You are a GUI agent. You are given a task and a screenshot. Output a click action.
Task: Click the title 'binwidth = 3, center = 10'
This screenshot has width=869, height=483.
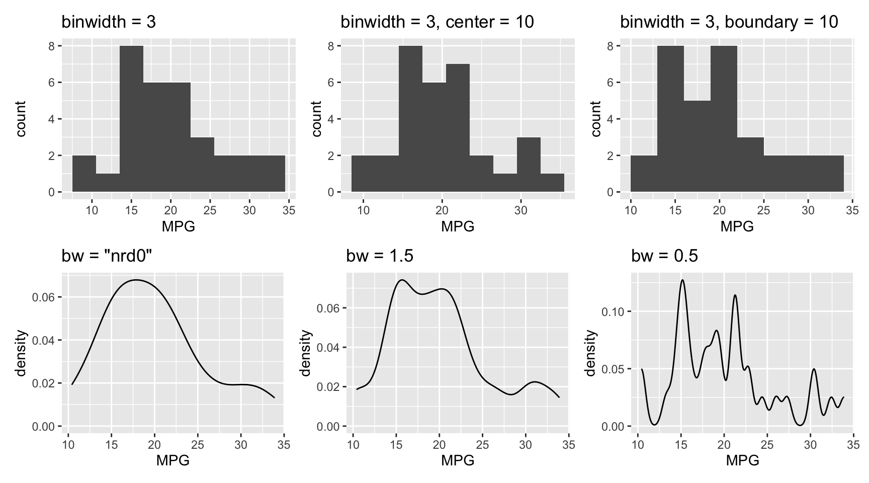437,22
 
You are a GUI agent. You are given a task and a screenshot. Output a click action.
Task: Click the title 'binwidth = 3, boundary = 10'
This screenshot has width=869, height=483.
729,22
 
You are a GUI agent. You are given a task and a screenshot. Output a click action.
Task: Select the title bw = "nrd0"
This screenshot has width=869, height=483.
107,256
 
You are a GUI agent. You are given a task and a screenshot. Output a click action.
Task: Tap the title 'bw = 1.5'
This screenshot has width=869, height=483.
380,256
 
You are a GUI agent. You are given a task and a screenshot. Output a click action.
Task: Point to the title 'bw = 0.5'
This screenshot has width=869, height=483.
664,256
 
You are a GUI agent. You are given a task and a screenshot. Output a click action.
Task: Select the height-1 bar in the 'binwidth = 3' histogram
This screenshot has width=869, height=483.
108,183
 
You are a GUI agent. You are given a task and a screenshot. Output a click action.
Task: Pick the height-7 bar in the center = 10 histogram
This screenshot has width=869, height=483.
458,128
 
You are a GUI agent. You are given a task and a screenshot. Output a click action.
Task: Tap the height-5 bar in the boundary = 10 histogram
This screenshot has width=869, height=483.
697,146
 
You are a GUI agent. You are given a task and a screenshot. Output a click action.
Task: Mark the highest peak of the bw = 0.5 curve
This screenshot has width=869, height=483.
682,280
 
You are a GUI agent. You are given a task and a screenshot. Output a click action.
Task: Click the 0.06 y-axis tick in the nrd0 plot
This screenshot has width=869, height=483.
42,297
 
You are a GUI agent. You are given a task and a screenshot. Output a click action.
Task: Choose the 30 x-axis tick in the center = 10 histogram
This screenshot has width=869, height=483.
521,210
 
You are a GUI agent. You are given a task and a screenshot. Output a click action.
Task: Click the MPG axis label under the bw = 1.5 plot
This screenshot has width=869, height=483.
458,460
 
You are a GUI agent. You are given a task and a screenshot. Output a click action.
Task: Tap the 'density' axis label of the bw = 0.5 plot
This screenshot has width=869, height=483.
591,353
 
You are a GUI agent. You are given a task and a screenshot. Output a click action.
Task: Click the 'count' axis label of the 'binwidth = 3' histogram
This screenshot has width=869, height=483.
21,119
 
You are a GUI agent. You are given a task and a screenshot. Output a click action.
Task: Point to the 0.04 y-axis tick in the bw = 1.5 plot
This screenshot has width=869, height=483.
327,347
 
